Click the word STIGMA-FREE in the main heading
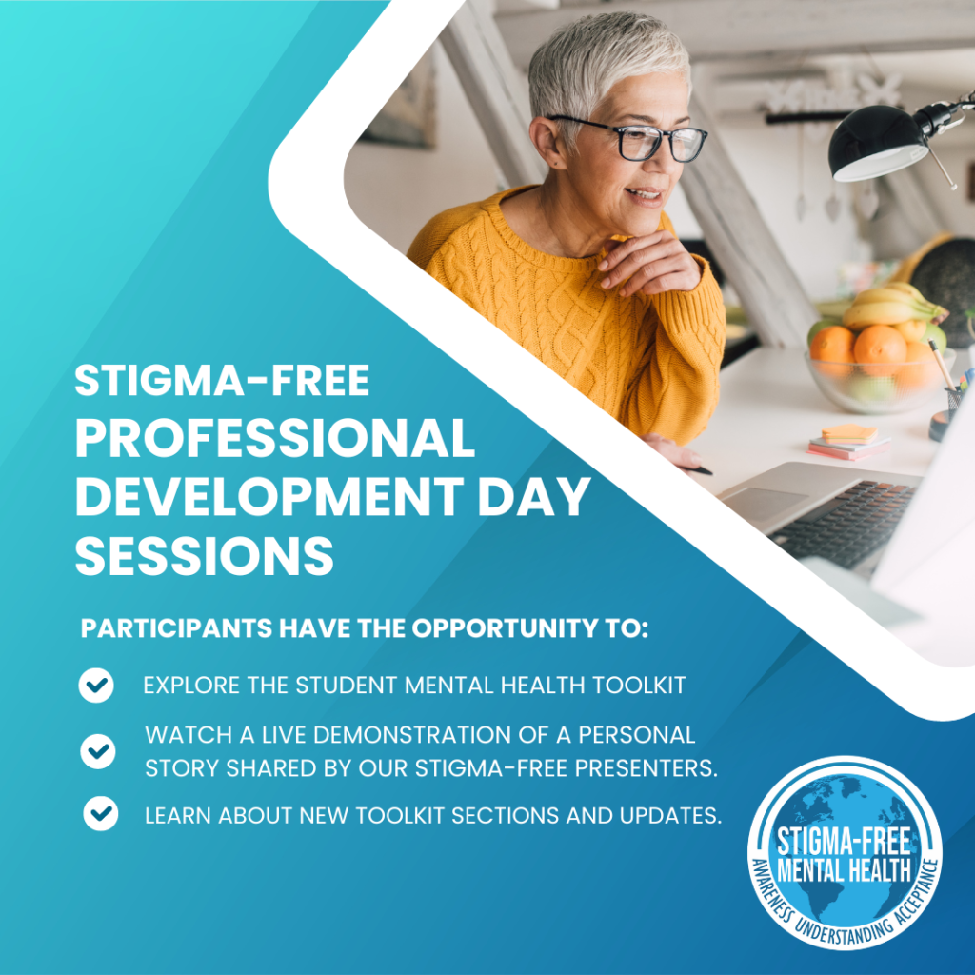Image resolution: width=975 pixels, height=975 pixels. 222,382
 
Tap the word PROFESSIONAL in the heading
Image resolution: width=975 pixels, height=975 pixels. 275,439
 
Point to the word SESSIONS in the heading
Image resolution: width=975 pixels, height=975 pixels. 205,556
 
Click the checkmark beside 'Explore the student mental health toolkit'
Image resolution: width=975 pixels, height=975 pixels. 96,686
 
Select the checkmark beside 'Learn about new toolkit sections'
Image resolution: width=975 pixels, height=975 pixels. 100,815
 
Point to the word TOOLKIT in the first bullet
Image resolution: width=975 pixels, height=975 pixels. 639,686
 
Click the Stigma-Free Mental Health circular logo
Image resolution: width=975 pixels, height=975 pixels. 845,852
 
